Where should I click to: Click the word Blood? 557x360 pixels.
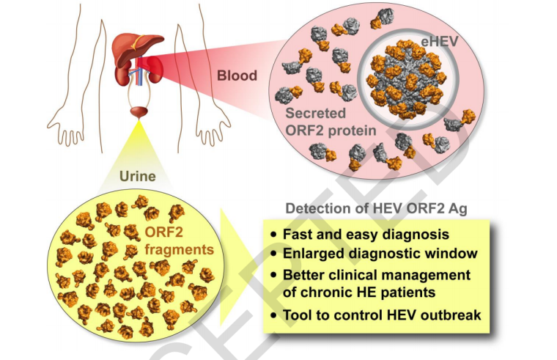click(237, 76)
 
